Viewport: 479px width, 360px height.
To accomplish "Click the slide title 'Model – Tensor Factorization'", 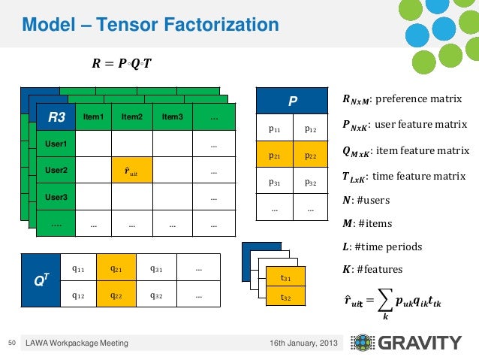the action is [x=150, y=26].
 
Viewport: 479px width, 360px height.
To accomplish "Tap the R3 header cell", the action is [x=56, y=117].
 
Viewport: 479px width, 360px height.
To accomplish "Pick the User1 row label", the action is [x=56, y=144].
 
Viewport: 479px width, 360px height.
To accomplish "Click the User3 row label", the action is [x=56, y=198].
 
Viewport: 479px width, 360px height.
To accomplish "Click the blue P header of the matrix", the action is [x=293, y=101].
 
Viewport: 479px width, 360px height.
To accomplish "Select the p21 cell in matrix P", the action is [x=275, y=156].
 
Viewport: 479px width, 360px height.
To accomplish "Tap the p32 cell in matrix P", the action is [x=311, y=182].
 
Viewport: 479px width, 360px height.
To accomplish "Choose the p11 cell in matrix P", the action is [x=275, y=129].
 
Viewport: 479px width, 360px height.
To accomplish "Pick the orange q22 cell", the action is [x=116, y=295].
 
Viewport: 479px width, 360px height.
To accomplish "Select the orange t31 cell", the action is [x=286, y=277].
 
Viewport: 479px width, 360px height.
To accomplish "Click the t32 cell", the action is [x=286, y=298].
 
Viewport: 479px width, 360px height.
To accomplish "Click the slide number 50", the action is [x=11, y=343].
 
